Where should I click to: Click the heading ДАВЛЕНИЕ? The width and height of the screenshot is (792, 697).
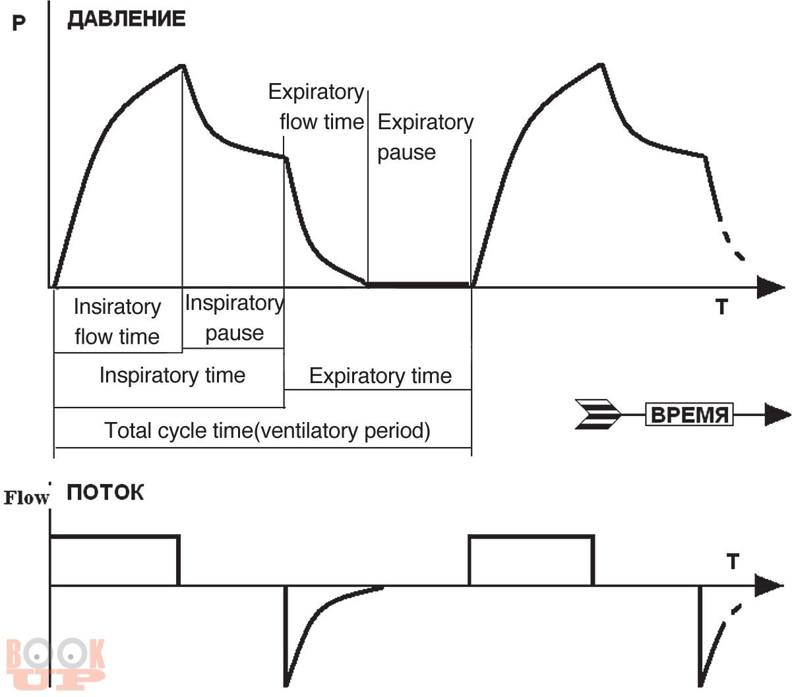coord(126,19)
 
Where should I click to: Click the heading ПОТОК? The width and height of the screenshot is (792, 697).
coord(105,493)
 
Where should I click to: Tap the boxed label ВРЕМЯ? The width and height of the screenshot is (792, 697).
coord(689,415)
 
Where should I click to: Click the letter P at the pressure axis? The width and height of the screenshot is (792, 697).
coord(19,24)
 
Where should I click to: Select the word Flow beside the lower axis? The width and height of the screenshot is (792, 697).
coord(26,498)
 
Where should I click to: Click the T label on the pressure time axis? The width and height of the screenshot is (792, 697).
coord(721,307)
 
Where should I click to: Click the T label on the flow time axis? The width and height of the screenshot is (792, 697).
coord(733,562)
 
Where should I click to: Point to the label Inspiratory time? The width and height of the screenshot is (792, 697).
coord(172,375)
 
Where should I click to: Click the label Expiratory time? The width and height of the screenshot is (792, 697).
coord(381,376)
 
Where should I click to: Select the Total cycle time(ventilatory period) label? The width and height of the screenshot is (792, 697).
coord(267,431)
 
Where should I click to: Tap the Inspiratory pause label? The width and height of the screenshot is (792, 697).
coord(234,318)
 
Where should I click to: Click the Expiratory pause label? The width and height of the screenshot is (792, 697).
coord(425,137)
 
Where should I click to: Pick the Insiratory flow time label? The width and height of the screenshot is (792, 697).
coord(117,322)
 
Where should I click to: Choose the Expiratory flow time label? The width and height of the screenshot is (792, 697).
coord(317,107)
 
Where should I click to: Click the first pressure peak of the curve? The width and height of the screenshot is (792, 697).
coord(182,65)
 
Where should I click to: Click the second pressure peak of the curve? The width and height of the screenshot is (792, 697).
coord(601,65)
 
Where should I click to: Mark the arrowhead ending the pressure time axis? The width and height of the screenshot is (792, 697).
coord(770,288)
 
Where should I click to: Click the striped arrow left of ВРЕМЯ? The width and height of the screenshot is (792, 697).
coord(598,415)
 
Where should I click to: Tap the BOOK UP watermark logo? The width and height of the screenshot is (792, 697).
coord(55,663)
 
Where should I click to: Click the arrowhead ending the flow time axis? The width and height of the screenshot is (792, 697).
coord(769,586)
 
